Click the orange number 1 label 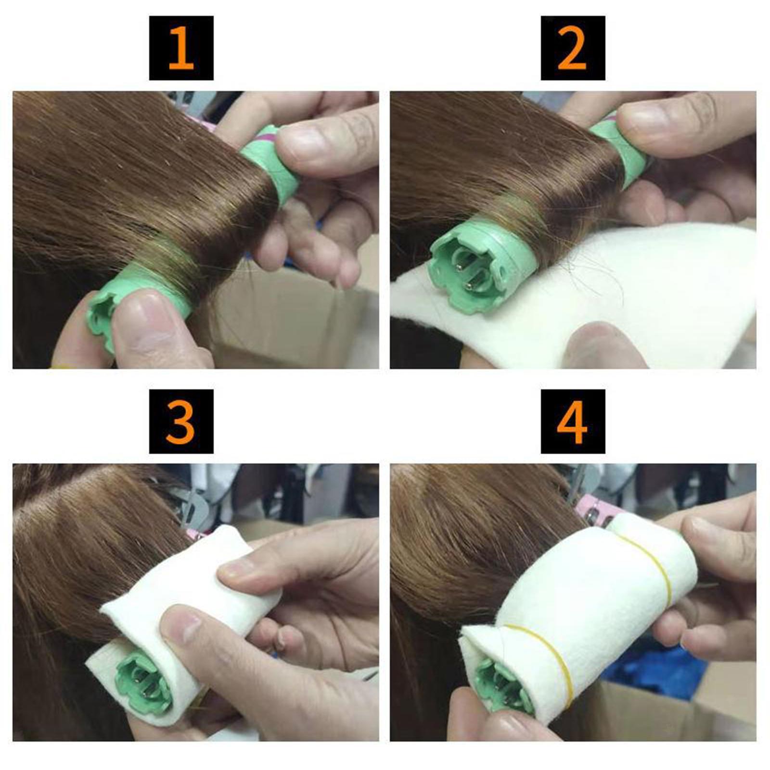coord(181,48)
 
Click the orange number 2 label coord(572,48)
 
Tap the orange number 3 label coord(181,421)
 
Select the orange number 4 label coord(572,421)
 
